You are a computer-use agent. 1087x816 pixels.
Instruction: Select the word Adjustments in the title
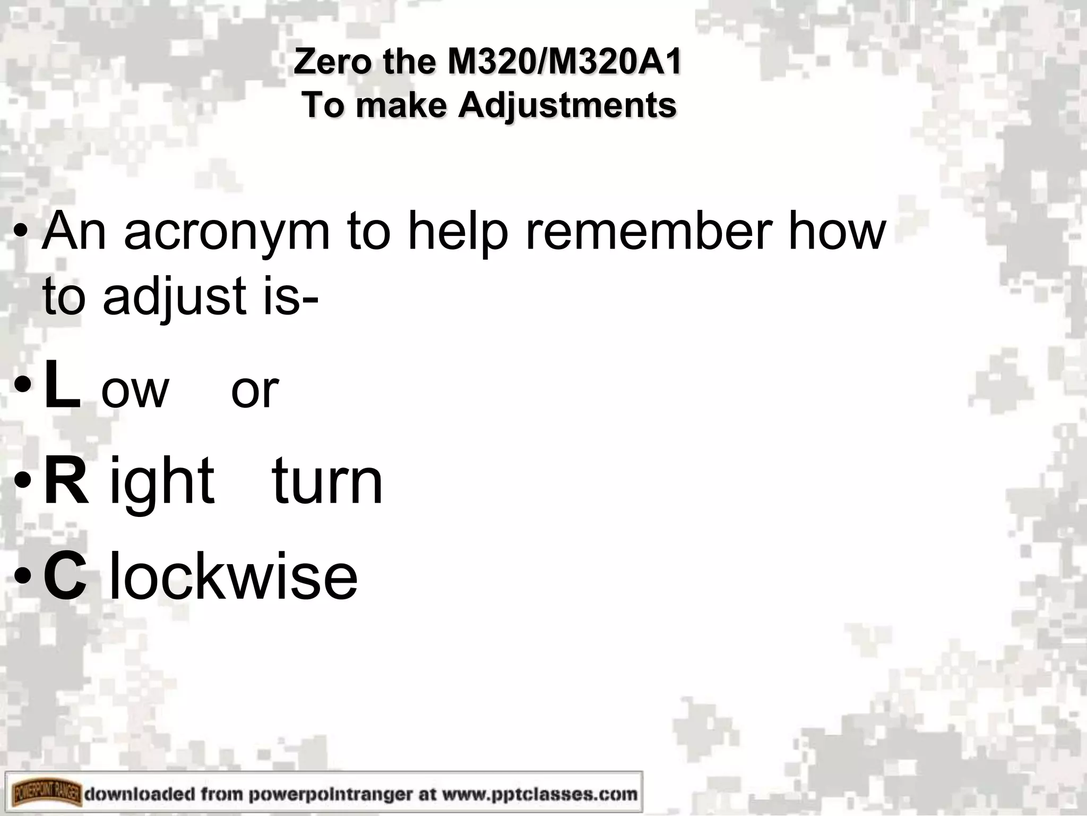[x=567, y=105]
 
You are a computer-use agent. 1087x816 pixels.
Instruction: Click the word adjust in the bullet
[x=175, y=296]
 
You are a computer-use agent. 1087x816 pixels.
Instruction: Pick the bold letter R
[x=66, y=481]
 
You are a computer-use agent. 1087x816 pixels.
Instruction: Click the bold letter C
[x=65, y=575]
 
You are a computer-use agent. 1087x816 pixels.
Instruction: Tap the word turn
[x=327, y=481]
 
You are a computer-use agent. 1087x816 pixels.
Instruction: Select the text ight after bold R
[x=162, y=481]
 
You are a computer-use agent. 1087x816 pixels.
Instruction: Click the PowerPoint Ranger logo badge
[x=46, y=794]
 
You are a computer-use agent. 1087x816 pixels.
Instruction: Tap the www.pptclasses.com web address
[x=537, y=794]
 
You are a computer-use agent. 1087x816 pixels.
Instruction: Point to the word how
[x=837, y=231]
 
